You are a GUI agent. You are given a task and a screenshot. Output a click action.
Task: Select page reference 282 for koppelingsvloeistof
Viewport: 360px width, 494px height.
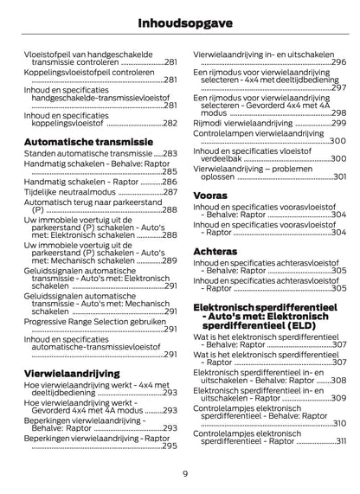click(170, 125)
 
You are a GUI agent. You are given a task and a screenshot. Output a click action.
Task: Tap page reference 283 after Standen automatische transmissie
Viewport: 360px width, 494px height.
click(170, 153)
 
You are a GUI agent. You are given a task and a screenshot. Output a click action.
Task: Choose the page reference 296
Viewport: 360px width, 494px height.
click(339, 63)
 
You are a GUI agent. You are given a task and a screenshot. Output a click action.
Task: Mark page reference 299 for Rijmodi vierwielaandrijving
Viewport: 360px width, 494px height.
click(339, 123)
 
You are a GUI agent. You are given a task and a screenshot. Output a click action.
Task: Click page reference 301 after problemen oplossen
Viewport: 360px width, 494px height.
click(339, 176)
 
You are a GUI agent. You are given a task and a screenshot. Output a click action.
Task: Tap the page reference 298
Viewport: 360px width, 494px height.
click(339, 113)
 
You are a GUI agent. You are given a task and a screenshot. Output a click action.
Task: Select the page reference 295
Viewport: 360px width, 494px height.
click(170, 446)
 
